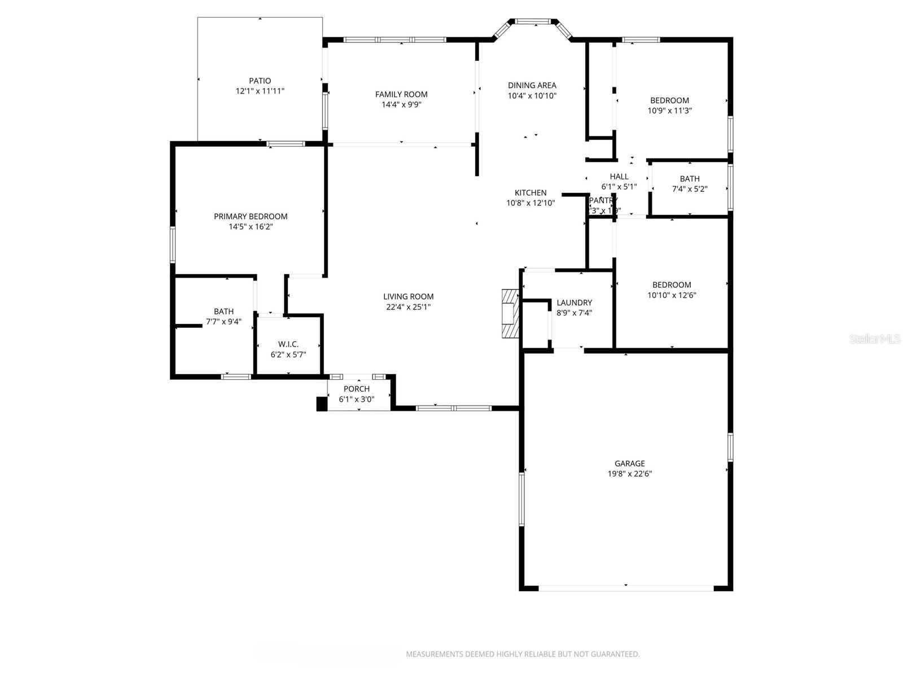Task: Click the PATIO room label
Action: [x=260, y=81]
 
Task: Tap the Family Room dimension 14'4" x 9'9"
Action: [x=401, y=104]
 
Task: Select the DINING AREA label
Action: [x=532, y=85]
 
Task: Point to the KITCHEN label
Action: [x=530, y=192]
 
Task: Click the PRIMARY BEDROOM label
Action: [x=251, y=216]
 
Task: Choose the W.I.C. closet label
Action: [x=288, y=344]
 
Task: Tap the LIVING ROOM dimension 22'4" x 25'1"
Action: [x=408, y=307]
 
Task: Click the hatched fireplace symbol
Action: [x=510, y=314]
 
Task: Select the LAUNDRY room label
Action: [x=574, y=302]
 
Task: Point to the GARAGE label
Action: [x=629, y=463]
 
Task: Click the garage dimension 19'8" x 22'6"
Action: [x=629, y=474]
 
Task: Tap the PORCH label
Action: [x=356, y=389]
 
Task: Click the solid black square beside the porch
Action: [x=322, y=404]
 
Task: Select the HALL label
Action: [x=619, y=177]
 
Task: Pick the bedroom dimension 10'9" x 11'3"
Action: [x=669, y=111]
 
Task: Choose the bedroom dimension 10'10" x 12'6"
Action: [x=671, y=295]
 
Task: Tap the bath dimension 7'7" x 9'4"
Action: [x=223, y=322]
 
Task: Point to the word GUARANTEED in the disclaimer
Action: [x=614, y=654]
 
